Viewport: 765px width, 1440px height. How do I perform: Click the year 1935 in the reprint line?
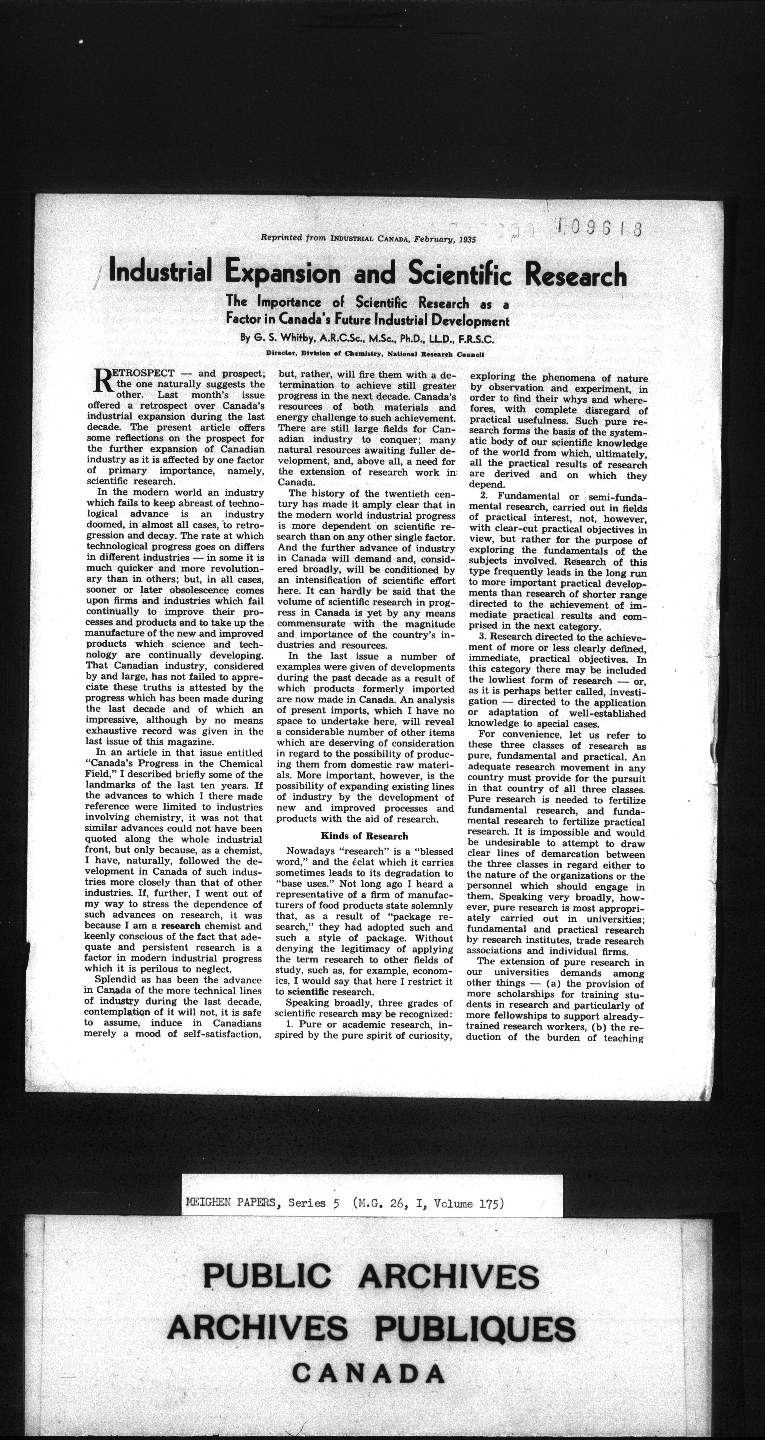point(465,239)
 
